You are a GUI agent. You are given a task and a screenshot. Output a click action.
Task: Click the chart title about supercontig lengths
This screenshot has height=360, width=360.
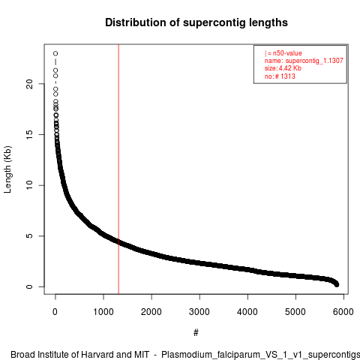pos(196,22)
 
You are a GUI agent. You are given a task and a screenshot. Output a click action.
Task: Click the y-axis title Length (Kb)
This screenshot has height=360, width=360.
pos(7,169)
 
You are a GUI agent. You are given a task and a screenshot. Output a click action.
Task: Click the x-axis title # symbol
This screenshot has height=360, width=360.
pos(196,333)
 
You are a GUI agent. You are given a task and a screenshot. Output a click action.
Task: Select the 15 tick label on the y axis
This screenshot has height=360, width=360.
pos(29,135)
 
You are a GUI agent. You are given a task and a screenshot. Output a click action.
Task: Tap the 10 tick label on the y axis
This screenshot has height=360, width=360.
pos(29,185)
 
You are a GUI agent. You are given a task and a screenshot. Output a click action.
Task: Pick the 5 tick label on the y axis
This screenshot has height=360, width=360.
pos(29,236)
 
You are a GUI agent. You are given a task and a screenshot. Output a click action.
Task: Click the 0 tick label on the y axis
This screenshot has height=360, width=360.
pos(29,286)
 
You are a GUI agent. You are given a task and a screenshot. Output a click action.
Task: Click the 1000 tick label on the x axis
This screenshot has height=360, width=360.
pos(103,312)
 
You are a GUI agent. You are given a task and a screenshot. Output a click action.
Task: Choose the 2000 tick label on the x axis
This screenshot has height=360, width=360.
pos(151,312)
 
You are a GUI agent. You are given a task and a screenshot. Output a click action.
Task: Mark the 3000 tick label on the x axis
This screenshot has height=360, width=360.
pos(199,312)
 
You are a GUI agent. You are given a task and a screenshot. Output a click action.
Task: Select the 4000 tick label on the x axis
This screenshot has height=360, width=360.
pos(247,312)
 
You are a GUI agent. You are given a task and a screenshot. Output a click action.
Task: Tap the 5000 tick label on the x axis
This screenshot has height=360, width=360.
pos(295,312)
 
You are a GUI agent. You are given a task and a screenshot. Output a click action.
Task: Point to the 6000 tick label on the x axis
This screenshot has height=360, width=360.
pos(343,312)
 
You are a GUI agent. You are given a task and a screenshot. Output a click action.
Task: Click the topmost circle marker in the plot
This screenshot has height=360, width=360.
pos(55,53)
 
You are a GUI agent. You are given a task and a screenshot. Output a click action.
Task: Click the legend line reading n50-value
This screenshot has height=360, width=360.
pos(283,53)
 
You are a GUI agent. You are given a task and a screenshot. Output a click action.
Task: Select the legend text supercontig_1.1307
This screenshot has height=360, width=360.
pos(314,61)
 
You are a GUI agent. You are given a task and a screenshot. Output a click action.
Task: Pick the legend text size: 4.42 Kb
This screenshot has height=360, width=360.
pos(283,68)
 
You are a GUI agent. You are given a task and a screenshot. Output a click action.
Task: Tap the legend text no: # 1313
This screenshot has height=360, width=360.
pos(280,76)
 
